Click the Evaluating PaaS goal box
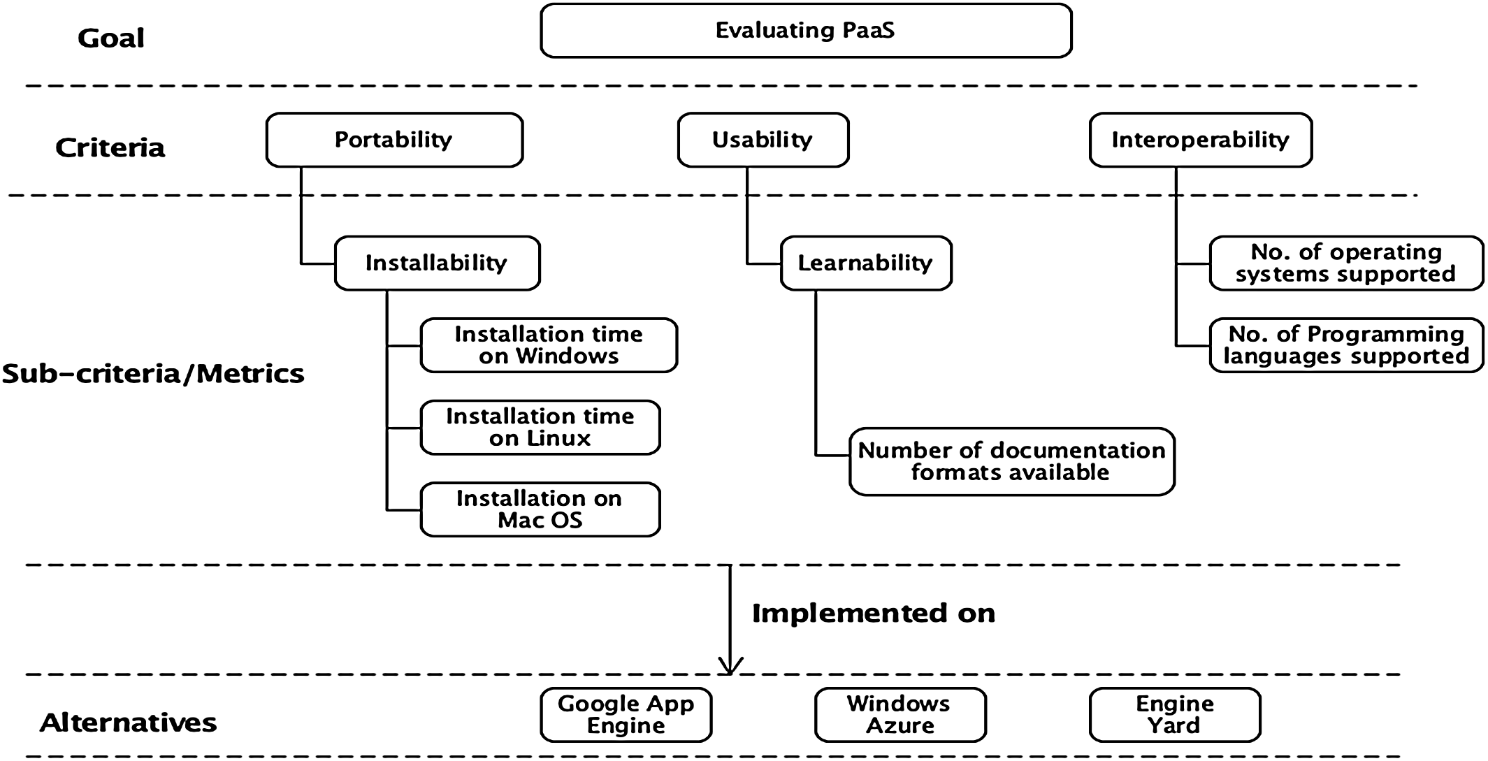(x=805, y=31)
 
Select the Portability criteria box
(x=394, y=140)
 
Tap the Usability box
(x=763, y=140)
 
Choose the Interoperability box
(x=1200, y=140)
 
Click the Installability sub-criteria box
(x=437, y=263)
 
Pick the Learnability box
(x=865, y=263)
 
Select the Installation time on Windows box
(x=549, y=345)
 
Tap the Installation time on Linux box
(x=540, y=427)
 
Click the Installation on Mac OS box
(x=540, y=509)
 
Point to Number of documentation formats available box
(x=1011, y=461)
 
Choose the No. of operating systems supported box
(x=1345, y=263)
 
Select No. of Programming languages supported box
(x=1345, y=345)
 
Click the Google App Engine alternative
(x=626, y=714)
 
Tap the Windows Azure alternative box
(x=900, y=714)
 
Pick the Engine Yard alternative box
(x=1174, y=714)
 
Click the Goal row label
(x=110, y=38)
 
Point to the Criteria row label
(x=110, y=147)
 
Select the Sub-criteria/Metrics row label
(x=153, y=374)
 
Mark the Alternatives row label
(x=128, y=722)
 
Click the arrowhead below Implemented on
(x=730, y=667)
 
